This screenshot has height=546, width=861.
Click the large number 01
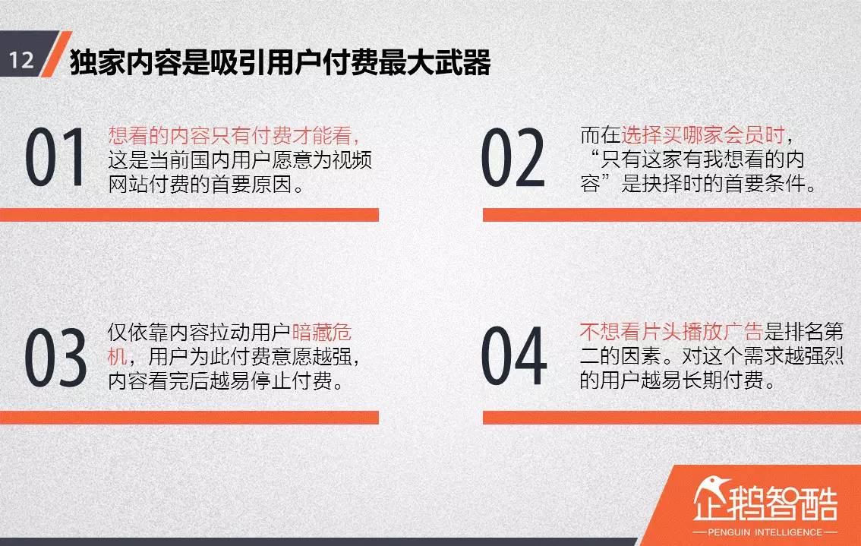(x=56, y=158)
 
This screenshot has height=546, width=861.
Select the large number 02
(x=513, y=158)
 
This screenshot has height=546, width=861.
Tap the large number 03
(x=56, y=357)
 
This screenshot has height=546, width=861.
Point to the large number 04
(x=514, y=357)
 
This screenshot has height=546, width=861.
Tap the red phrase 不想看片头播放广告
(x=670, y=333)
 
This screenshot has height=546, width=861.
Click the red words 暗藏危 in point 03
(x=322, y=333)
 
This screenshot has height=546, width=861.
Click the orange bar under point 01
(x=189, y=215)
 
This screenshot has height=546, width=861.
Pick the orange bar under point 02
(x=671, y=215)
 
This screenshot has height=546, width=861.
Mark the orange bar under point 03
(x=189, y=417)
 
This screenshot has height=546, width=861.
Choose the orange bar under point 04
(x=671, y=417)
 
